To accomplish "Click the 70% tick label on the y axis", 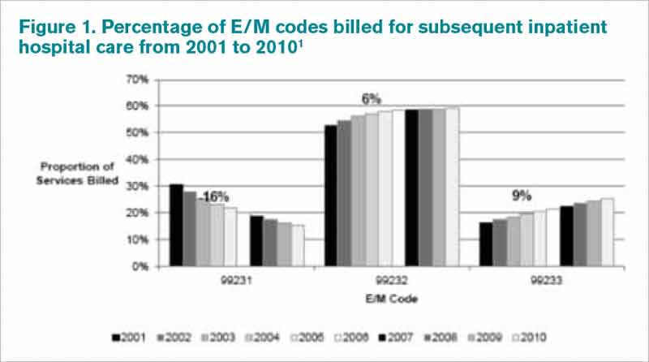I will (135, 80).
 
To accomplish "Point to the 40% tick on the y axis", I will (135, 160).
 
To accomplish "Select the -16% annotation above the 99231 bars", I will (216, 197).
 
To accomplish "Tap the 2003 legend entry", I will (219, 336).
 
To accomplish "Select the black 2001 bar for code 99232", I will (331, 196).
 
